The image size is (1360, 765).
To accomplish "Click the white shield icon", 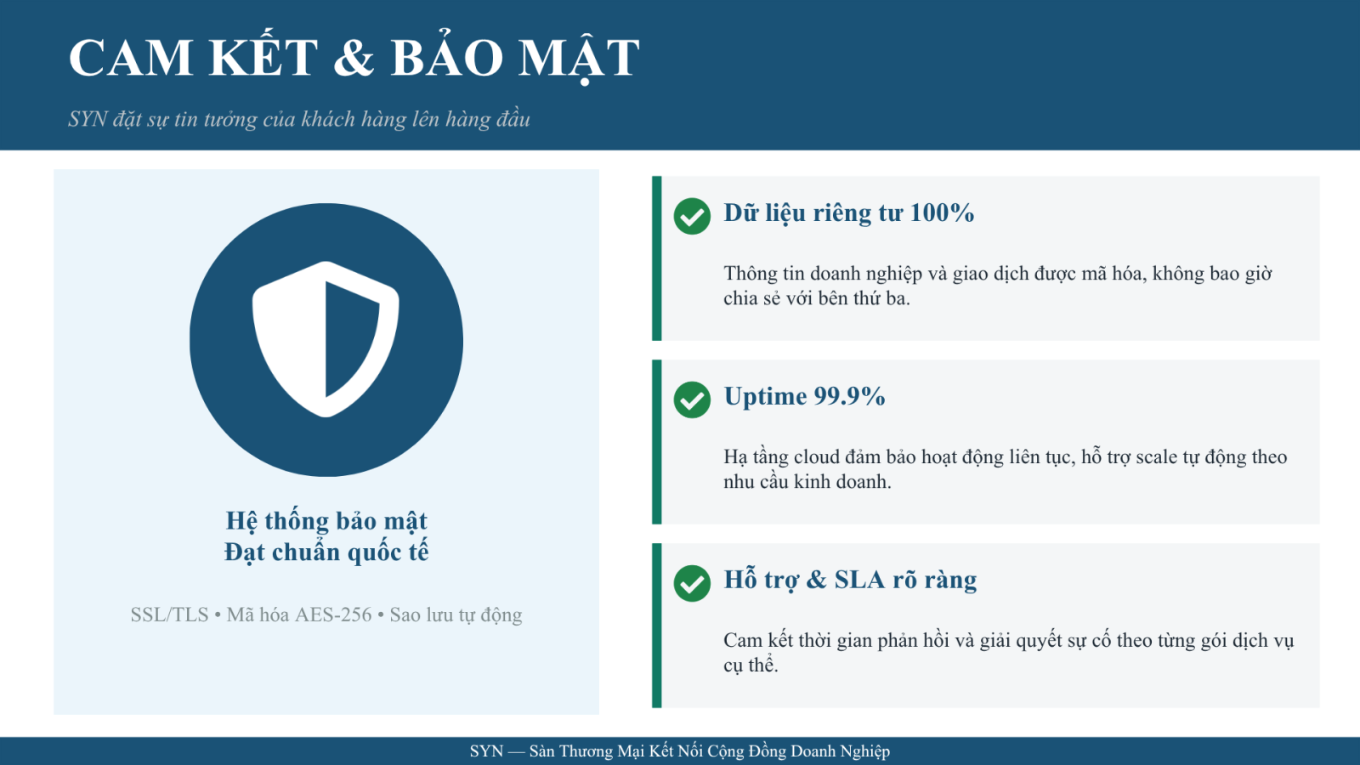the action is point(326,339).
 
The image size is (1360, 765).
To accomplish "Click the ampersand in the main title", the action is point(354,58).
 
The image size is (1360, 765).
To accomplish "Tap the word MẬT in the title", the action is point(579,58).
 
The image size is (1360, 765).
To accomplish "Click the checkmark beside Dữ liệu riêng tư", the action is point(692,216).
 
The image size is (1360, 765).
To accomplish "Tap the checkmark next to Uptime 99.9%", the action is point(692,399).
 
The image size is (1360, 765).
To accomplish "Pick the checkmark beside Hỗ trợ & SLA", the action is point(692,583).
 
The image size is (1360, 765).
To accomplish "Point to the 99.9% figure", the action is point(849,396).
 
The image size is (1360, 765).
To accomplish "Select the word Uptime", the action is point(765,397).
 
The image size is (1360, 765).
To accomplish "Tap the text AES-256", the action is point(332,615).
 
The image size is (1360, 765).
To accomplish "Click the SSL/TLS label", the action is point(169,615).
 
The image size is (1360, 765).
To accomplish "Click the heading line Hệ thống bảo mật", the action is point(326,521).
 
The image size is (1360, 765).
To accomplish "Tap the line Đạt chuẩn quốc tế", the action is point(326,552).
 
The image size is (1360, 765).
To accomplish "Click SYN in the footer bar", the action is point(486,751).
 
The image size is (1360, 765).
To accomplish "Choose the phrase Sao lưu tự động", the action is point(456,615).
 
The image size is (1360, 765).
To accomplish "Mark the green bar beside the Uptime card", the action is point(656,441).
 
